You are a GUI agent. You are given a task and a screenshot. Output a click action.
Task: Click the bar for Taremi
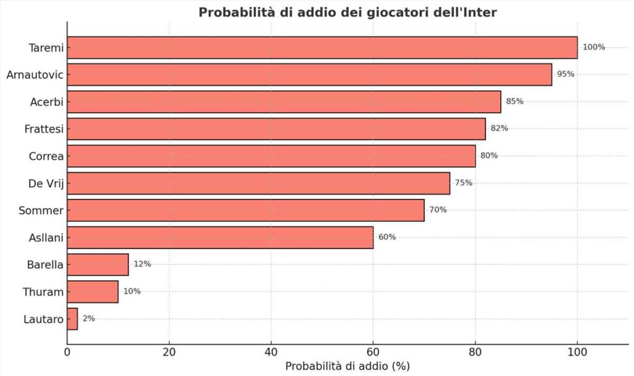pyautogui.click(x=322, y=47)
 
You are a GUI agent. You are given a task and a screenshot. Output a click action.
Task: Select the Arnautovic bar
pyautogui.click(x=310, y=74)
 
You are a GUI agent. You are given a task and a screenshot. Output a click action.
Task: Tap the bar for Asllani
pyautogui.click(x=220, y=237)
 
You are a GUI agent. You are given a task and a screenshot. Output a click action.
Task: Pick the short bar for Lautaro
pyautogui.click(x=72, y=318)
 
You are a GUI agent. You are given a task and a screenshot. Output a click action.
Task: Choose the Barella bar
pyautogui.click(x=98, y=265)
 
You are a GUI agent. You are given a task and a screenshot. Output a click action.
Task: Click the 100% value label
pyautogui.click(x=593, y=47)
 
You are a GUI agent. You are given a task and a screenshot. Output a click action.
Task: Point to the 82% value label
pyautogui.click(x=499, y=128)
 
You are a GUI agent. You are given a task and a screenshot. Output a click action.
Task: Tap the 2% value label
pyautogui.click(x=89, y=318)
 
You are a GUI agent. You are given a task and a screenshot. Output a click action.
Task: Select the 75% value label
pyautogui.click(x=464, y=183)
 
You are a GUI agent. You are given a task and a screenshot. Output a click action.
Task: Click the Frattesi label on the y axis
pyautogui.click(x=45, y=129)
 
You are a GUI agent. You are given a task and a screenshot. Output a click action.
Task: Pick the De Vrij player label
pyautogui.click(x=46, y=183)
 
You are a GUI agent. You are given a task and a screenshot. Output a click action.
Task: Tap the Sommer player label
pyautogui.click(x=41, y=211)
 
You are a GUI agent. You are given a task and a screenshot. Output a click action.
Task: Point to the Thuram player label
pyautogui.click(x=43, y=292)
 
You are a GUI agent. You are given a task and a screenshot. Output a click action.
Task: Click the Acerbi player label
pyautogui.click(x=47, y=102)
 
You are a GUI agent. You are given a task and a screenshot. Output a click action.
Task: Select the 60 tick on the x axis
pyautogui.click(x=373, y=352)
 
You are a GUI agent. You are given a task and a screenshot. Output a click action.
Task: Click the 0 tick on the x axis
pyautogui.click(x=67, y=352)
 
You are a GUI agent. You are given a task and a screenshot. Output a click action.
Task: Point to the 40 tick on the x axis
pyautogui.click(x=271, y=352)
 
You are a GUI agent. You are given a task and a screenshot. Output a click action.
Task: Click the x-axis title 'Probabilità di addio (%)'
pyautogui.click(x=347, y=366)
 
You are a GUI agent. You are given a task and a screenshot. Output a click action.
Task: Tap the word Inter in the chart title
pyautogui.click(x=480, y=12)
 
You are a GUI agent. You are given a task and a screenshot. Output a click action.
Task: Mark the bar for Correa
pyautogui.click(x=271, y=156)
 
